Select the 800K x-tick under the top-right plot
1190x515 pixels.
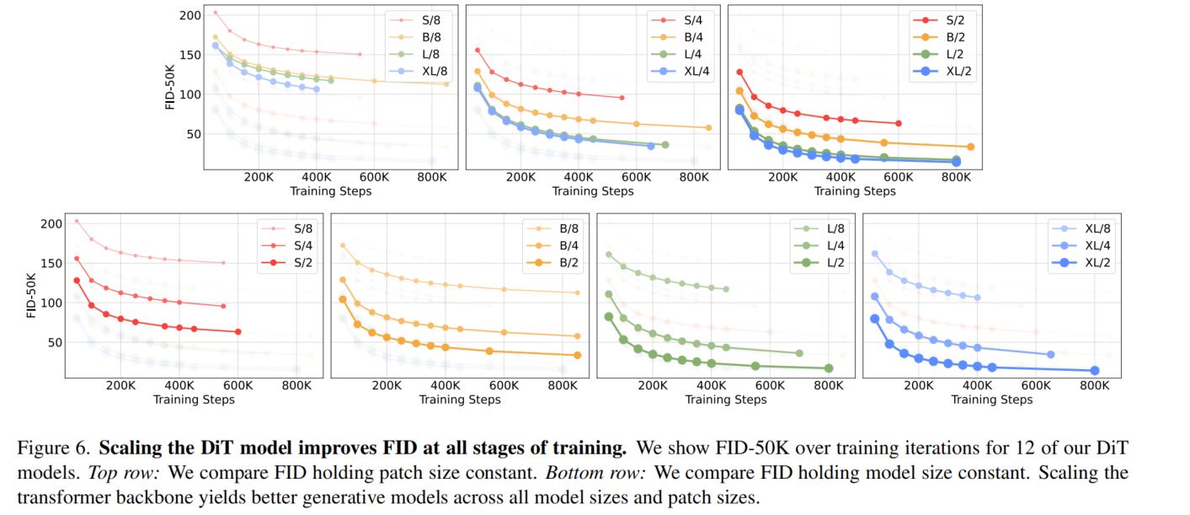pos(955,178)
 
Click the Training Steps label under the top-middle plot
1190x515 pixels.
pos(593,191)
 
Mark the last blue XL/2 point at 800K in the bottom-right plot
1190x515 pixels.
pos(1095,370)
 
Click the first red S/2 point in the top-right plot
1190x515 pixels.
pos(739,72)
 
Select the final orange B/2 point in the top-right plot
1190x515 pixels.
pos(970,147)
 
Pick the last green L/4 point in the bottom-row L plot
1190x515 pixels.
pos(798,353)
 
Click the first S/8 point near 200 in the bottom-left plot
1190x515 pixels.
pos(77,221)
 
